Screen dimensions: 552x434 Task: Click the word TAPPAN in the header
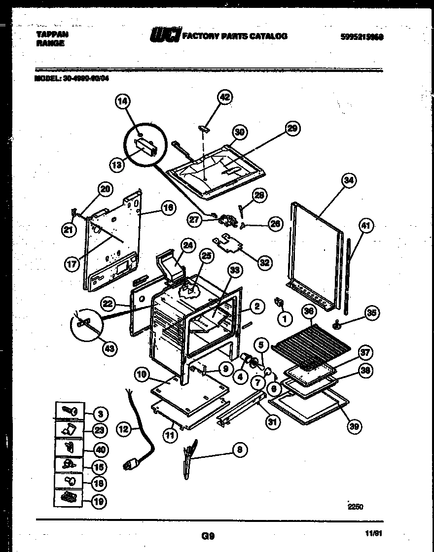click(52, 35)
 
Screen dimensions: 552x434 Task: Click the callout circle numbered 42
click(224, 97)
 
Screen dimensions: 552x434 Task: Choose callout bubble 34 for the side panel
click(348, 180)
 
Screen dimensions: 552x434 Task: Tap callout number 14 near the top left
click(122, 102)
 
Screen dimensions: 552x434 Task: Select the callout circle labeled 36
click(309, 312)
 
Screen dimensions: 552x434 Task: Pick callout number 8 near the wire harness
click(239, 449)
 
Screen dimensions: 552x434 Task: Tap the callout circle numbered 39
click(354, 427)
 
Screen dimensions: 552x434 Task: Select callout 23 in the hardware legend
click(100, 430)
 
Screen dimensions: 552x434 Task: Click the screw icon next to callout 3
click(68, 411)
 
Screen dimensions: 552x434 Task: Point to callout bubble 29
click(292, 129)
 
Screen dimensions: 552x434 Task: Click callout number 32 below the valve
click(265, 263)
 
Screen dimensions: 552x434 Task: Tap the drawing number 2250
click(355, 506)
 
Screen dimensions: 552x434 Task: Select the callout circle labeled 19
click(100, 501)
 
